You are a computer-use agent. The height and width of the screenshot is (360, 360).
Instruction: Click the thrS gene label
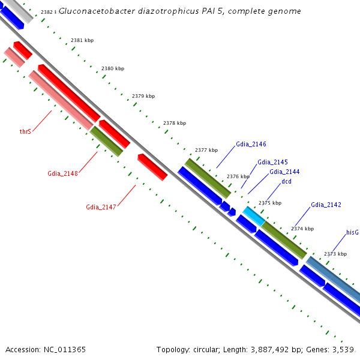(25, 131)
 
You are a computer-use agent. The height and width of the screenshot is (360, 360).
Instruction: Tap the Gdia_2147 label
(101, 208)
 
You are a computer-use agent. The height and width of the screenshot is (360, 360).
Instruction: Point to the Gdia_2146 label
(251, 144)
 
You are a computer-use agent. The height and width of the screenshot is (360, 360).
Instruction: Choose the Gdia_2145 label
(272, 162)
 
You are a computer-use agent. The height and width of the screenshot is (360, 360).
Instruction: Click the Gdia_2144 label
(284, 172)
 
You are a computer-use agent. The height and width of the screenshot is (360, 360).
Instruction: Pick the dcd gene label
(286, 181)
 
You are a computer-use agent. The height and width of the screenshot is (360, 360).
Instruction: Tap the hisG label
(352, 232)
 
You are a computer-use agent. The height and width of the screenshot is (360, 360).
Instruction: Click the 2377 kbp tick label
(206, 150)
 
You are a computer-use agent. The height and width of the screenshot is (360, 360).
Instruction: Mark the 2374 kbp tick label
(302, 229)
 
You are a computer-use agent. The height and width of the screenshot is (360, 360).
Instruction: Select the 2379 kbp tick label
(143, 96)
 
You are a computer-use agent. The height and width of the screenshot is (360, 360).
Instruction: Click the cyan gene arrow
(253, 216)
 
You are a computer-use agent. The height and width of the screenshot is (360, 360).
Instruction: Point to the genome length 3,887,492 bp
(273, 349)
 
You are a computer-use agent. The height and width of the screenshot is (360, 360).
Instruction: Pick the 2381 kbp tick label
(82, 40)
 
